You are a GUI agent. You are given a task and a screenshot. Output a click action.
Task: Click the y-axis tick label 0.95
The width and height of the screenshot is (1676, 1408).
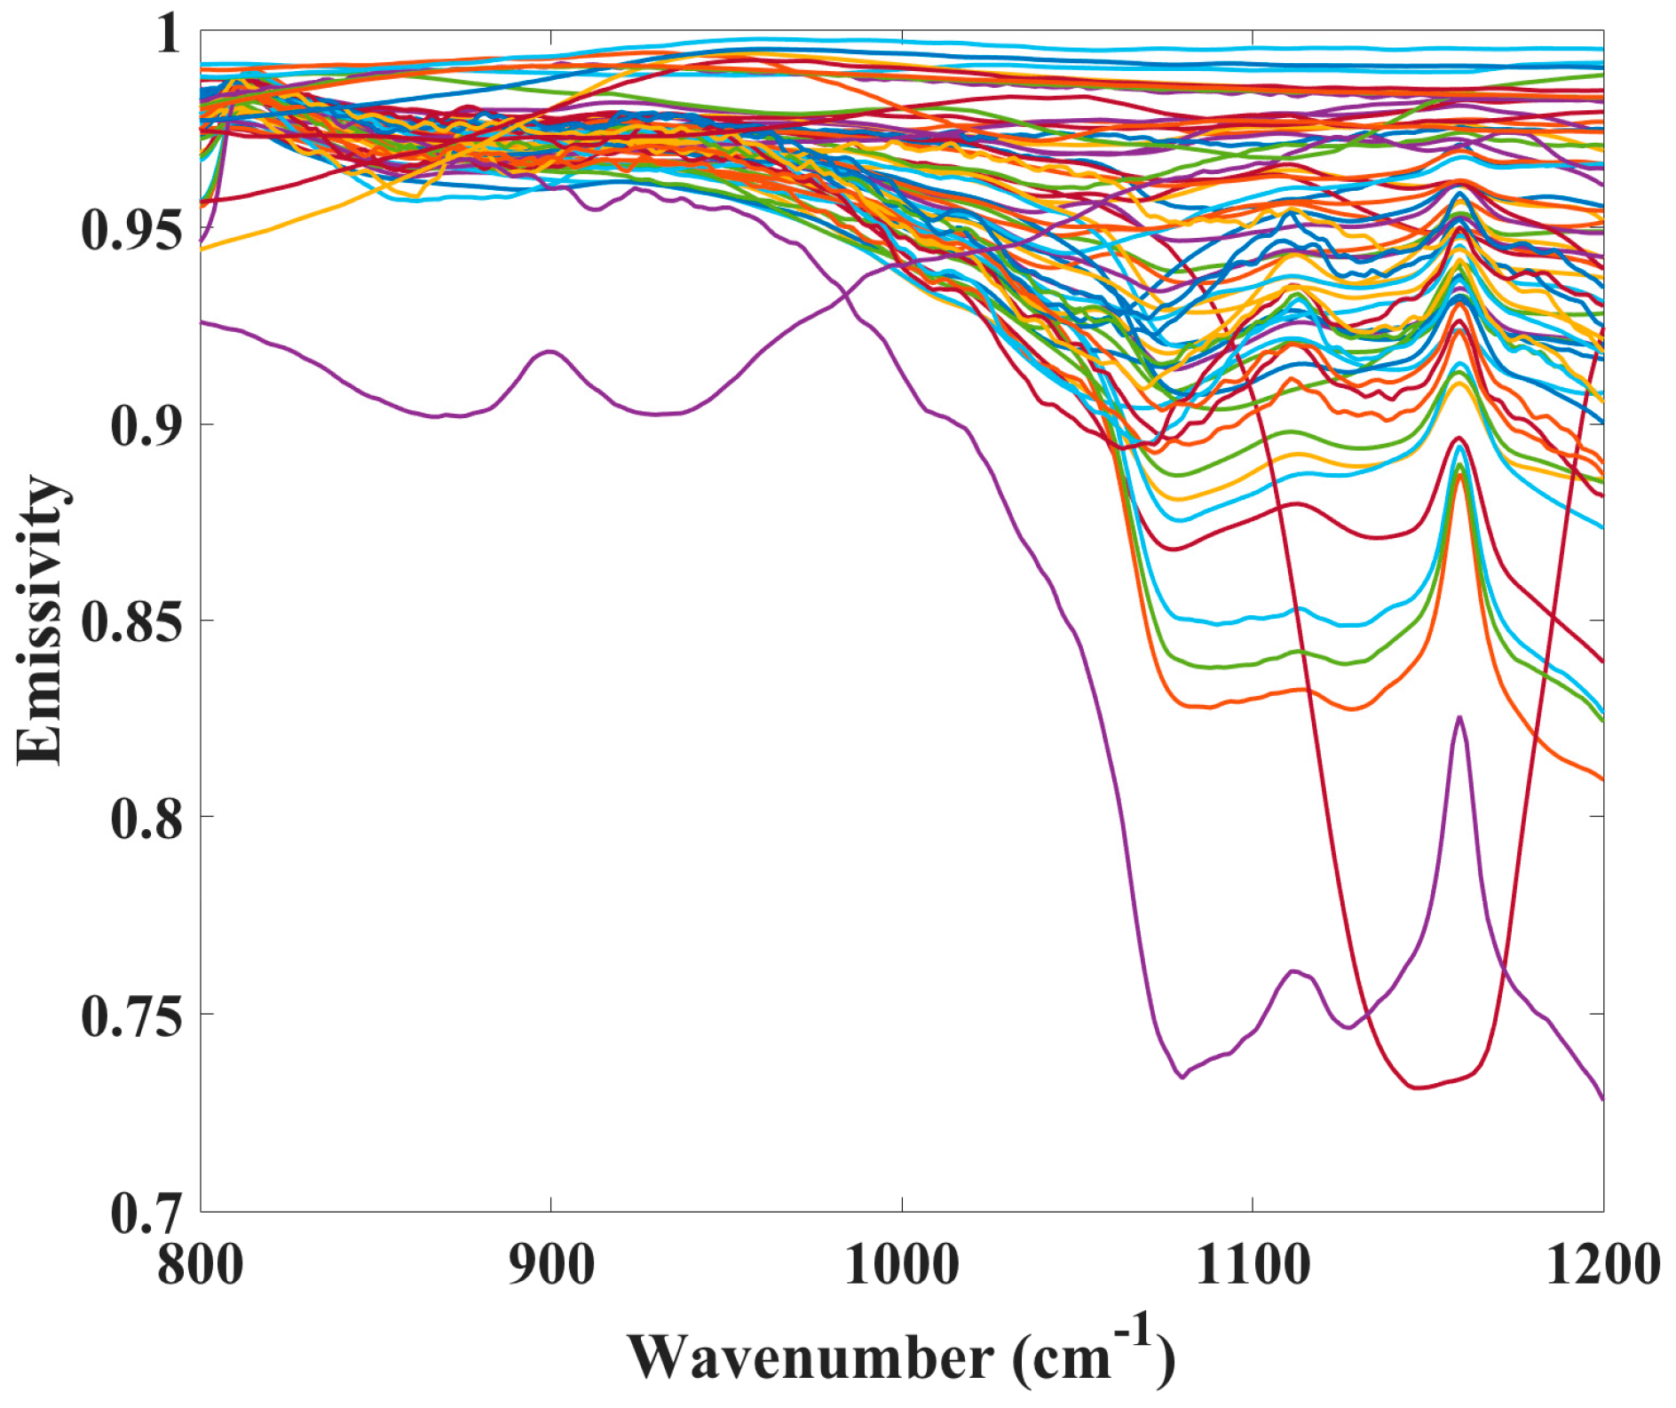pyautogui.click(x=119, y=231)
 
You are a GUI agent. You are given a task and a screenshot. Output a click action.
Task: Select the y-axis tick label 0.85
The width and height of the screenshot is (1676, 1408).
pyautogui.click(x=119, y=621)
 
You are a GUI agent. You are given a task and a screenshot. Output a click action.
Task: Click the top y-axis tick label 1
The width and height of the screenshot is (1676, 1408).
pyautogui.click(x=169, y=36)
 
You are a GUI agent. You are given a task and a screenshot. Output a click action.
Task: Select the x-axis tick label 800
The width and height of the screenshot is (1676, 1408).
pyautogui.click(x=201, y=1265)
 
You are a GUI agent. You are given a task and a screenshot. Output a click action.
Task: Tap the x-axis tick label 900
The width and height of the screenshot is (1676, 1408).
pyautogui.click(x=551, y=1265)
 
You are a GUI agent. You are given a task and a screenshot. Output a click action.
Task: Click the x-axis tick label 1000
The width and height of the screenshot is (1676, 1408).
pyautogui.click(x=902, y=1265)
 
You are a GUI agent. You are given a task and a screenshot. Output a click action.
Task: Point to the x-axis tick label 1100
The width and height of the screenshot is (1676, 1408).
pyautogui.click(x=1253, y=1265)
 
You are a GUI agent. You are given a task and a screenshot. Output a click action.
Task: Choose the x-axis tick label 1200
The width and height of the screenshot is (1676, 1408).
pyautogui.click(x=1602, y=1265)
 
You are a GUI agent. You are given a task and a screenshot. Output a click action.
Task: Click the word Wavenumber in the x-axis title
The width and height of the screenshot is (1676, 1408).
pyautogui.click(x=810, y=1359)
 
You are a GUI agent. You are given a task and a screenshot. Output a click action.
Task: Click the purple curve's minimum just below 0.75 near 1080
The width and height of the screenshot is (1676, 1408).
pyautogui.click(x=1182, y=1077)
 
